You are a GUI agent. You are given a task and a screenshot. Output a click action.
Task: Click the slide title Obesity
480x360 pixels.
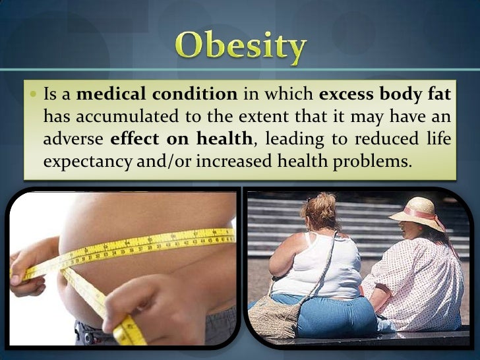[x=241, y=47]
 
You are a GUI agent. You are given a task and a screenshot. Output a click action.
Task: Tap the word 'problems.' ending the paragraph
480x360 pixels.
[x=371, y=162]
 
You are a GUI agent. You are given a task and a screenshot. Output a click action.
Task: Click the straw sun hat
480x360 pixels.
[x=417, y=213]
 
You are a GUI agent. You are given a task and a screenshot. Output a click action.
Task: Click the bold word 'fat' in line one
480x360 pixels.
[x=439, y=94]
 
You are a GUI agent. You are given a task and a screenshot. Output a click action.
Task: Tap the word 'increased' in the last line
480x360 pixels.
[x=220, y=162]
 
